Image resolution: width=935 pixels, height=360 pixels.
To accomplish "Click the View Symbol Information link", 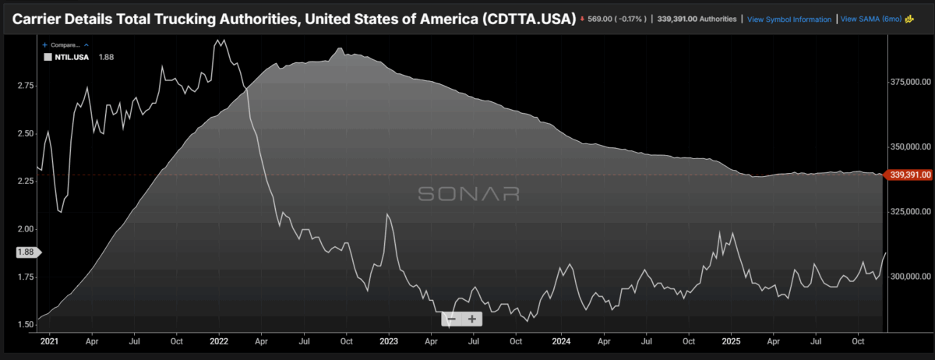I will coord(789,19).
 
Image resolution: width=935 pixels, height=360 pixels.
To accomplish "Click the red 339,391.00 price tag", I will coord(911,176).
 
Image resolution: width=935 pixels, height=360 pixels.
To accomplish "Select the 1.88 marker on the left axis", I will coord(26,252).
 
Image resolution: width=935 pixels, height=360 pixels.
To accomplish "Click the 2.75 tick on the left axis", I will coord(25,85).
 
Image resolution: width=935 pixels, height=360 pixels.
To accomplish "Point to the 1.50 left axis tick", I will coord(25,325).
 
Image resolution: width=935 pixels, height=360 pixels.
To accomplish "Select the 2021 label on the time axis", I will coord(48,341).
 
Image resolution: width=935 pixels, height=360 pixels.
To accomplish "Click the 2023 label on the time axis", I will coord(390,341).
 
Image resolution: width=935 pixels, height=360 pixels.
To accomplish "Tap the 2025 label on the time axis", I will coord(731,341).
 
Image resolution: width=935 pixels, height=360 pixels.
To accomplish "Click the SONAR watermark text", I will coord(468,194).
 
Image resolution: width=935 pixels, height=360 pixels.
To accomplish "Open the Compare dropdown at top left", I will coord(65,45).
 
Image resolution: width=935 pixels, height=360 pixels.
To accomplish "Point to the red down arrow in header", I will coord(583,19).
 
